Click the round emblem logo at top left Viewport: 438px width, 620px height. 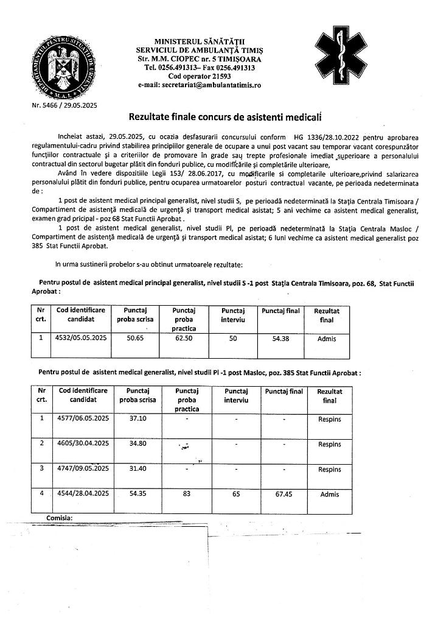65,64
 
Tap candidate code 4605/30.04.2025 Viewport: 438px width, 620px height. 82,443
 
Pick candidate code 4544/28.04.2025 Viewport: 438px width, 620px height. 82,494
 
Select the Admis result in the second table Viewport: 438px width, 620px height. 330,494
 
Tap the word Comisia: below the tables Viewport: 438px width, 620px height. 60,517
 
